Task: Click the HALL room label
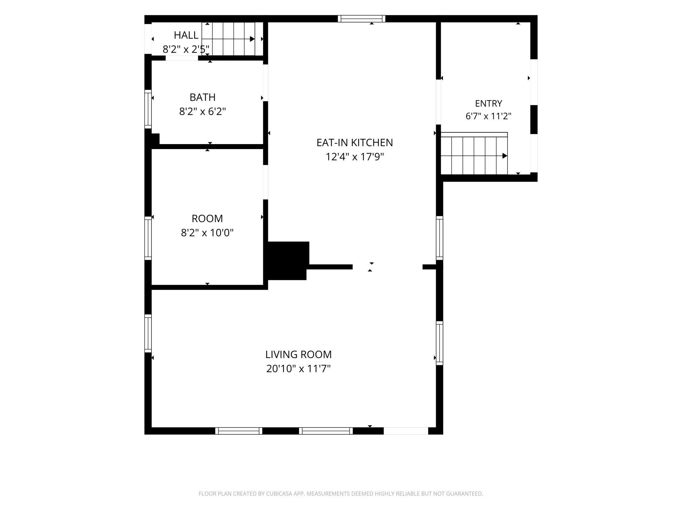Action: [186, 35]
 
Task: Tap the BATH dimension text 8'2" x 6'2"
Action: [203, 112]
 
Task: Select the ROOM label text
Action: [207, 218]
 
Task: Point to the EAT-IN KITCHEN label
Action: [354, 142]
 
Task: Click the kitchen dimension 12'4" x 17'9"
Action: [354, 157]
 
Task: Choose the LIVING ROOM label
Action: [298, 354]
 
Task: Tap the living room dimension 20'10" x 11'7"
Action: [298, 369]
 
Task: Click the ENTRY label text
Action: [489, 104]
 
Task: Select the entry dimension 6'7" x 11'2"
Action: [489, 116]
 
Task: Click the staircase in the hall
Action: [232, 39]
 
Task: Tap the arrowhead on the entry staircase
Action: [505, 156]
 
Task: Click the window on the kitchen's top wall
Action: [361, 19]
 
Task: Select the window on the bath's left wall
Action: [148, 109]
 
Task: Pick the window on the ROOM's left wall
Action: [148, 238]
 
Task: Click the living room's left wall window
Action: [148, 333]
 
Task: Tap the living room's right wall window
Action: [439, 343]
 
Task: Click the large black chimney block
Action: [287, 260]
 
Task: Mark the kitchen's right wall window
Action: [439, 238]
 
